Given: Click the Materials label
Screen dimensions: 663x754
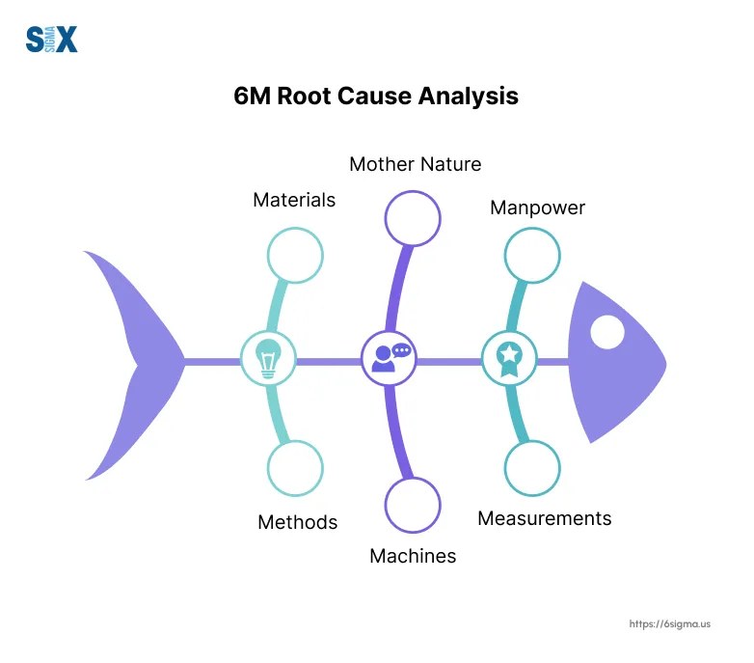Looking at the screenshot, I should click(x=294, y=200).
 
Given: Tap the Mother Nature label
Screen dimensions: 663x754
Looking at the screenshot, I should click(x=415, y=164).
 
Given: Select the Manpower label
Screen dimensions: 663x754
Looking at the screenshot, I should click(x=537, y=207).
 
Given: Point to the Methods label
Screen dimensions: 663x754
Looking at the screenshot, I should click(x=297, y=522).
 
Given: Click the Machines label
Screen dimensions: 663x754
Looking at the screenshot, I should click(x=413, y=556).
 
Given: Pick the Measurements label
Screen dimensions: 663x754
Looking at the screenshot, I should click(x=544, y=518).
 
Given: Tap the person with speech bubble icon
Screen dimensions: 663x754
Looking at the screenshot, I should click(x=389, y=358).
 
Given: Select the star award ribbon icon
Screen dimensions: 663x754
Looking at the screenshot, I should click(x=508, y=358).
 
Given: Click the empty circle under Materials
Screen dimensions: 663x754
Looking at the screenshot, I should click(x=295, y=256).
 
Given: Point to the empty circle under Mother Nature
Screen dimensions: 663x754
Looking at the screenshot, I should click(x=413, y=218).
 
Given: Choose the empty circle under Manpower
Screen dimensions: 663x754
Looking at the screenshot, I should click(x=533, y=255).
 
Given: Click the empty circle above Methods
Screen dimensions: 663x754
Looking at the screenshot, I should click(x=295, y=467).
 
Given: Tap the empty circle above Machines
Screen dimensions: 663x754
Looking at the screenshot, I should click(x=413, y=505).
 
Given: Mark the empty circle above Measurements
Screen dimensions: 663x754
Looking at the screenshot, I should click(x=532, y=468).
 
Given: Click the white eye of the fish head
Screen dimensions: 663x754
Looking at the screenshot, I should click(x=606, y=333).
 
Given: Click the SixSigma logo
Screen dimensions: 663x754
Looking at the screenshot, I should click(x=51, y=39).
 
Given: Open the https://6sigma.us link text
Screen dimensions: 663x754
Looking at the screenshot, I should click(x=669, y=624).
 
